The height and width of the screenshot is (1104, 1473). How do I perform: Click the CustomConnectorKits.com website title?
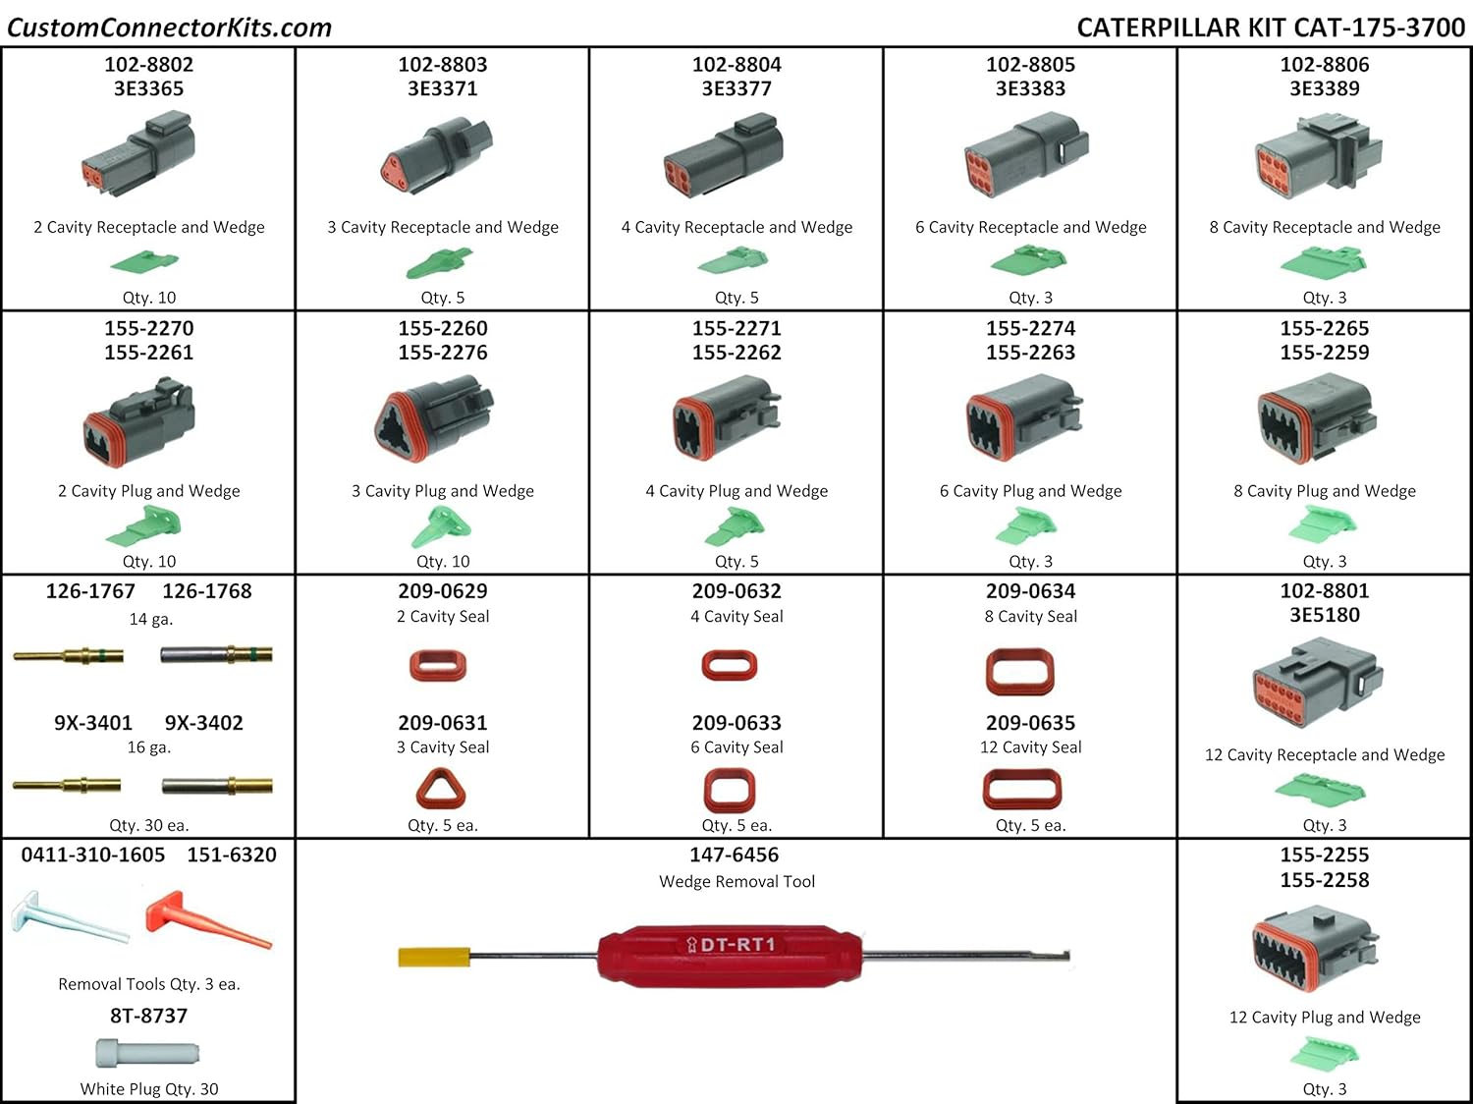pos(169,27)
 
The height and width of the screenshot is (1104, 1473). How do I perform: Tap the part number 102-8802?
pos(149,65)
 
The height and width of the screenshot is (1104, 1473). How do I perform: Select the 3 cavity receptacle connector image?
pos(436,154)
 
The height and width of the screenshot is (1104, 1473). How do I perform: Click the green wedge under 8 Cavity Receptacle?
pos(1324,262)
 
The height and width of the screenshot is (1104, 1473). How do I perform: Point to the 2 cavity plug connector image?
pos(139,421)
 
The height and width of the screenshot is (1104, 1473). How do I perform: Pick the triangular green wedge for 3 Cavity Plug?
pos(441,528)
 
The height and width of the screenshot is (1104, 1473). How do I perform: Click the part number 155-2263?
pos(1030,353)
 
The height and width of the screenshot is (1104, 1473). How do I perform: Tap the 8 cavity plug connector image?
pos(1317,420)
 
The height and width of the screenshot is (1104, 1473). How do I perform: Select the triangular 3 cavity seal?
pos(441,789)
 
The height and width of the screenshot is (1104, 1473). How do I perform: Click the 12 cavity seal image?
pos(1022,789)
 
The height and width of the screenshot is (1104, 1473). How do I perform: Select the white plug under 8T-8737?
pos(147,1054)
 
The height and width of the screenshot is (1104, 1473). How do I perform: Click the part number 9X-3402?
pos(204,723)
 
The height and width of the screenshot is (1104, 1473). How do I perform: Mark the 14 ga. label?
pos(150,619)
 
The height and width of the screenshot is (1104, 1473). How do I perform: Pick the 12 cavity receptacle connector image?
pos(1317,683)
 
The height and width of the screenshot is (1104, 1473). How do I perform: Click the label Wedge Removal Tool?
pos(736,882)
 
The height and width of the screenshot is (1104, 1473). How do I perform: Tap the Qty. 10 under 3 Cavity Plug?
pos(443,562)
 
